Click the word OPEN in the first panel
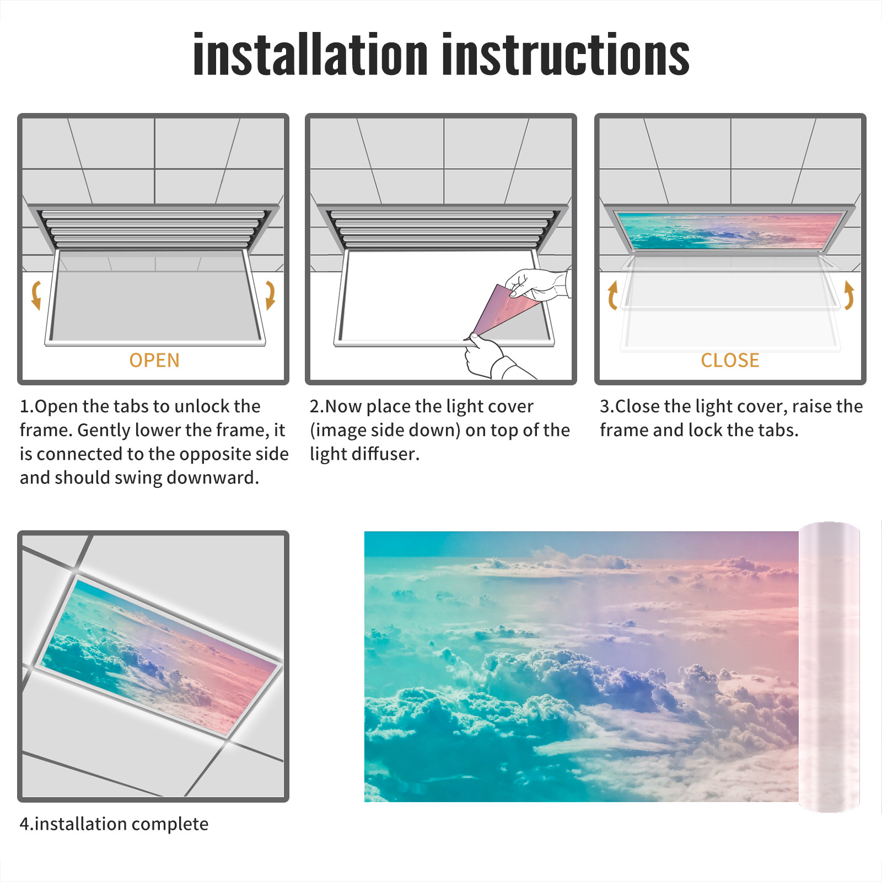point(154,361)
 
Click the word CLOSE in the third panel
point(730,361)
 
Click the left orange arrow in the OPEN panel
point(36,295)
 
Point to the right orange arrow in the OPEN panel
point(270,295)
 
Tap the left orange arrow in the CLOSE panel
point(612,295)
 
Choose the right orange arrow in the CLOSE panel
point(849,295)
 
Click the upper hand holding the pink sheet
point(537,284)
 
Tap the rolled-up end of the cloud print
point(829,667)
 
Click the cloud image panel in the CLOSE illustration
point(730,230)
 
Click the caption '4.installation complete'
point(114,824)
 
